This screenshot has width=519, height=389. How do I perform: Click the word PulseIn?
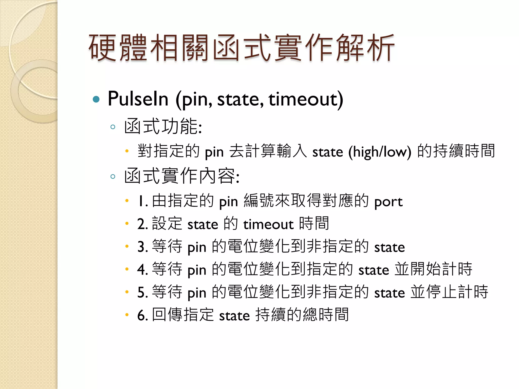pyautogui.click(x=138, y=99)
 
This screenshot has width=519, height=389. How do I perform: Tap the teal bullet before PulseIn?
pyautogui.click(x=96, y=99)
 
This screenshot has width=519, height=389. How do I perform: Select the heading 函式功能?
pyautogui.click(x=163, y=126)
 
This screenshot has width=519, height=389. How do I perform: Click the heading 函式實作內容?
pyautogui.click(x=182, y=176)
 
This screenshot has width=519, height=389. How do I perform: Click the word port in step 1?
pyautogui.click(x=388, y=202)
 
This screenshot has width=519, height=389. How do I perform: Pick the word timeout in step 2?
pyautogui.click(x=268, y=224)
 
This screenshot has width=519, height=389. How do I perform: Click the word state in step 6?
pyautogui.click(x=234, y=316)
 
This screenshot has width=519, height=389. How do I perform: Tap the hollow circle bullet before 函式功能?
pyautogui.click(x=113, y=127)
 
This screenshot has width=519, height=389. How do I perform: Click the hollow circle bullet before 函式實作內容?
pyautogui.click(x=113, y=177)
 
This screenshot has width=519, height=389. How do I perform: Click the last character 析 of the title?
pyautogui.click(x=380, y=48)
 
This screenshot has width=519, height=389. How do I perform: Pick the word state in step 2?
pyautogui.click(x=202, y=224)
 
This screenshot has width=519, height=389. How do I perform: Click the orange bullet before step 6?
pyautogui.click(x=127, y=315)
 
